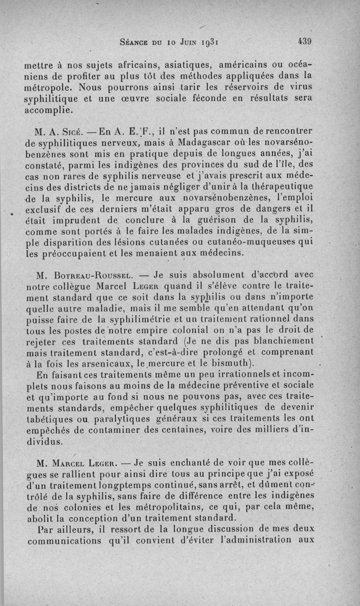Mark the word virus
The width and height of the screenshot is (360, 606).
pyautogui.click(x=301, y=86)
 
